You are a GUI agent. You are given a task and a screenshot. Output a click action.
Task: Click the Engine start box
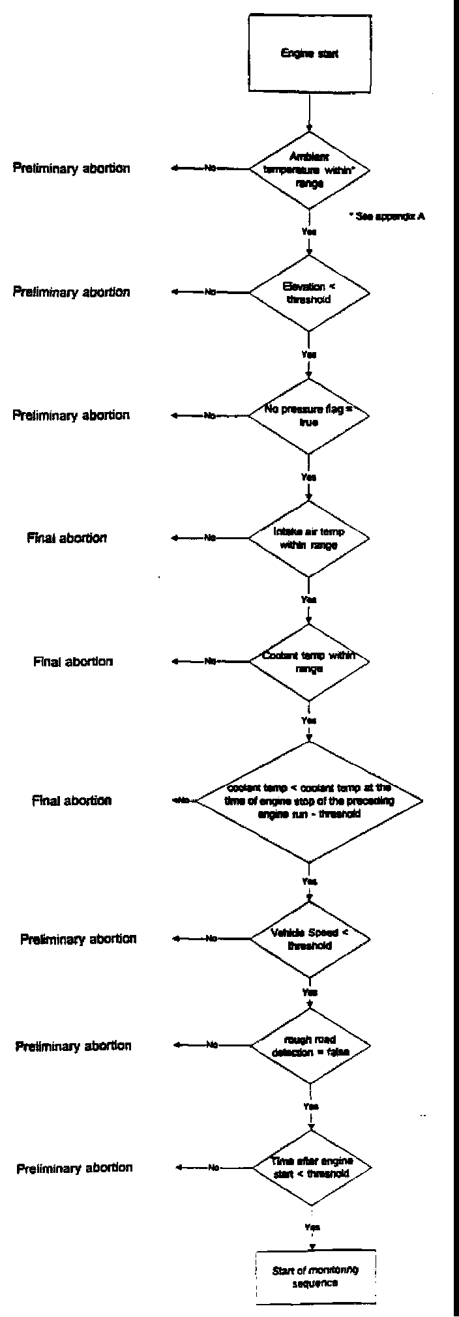(x=310, y=53)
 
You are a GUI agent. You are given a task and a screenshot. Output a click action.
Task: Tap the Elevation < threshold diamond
(x=310, y=293)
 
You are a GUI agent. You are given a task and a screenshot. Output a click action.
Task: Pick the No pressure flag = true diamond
(x=310, y=415)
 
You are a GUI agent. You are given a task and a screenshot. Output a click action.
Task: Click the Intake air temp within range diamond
(x=310, y=538)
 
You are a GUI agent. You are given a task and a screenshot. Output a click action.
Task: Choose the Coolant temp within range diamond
(x=310, y=661)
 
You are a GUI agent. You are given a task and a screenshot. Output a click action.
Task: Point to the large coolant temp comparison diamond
(x=310, y=801)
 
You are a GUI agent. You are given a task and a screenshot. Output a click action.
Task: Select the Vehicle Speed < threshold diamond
(x=310, y=939)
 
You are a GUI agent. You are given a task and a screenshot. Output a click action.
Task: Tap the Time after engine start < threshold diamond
(x=312, y=1167)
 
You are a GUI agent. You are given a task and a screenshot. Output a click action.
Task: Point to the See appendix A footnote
(x=387, y=216)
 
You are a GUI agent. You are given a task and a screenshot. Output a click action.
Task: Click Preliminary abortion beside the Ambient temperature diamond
(x=71, y=168)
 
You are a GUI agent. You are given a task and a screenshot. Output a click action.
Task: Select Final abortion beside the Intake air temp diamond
(x=67, y=538)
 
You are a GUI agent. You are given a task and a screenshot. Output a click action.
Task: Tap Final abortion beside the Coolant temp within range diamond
(x=73, y=661)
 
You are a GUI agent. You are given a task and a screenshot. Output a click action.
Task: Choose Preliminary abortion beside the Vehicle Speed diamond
(x=78, y=939)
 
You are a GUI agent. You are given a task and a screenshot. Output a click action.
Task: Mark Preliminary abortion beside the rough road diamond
(x=73, y=1046)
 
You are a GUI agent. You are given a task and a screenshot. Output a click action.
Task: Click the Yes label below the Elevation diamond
(x=309, y=355)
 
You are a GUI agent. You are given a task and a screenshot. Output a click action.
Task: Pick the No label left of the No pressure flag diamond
(x=210, y=415)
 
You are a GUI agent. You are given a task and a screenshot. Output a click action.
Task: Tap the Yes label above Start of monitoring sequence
(x=312, y=1226)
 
